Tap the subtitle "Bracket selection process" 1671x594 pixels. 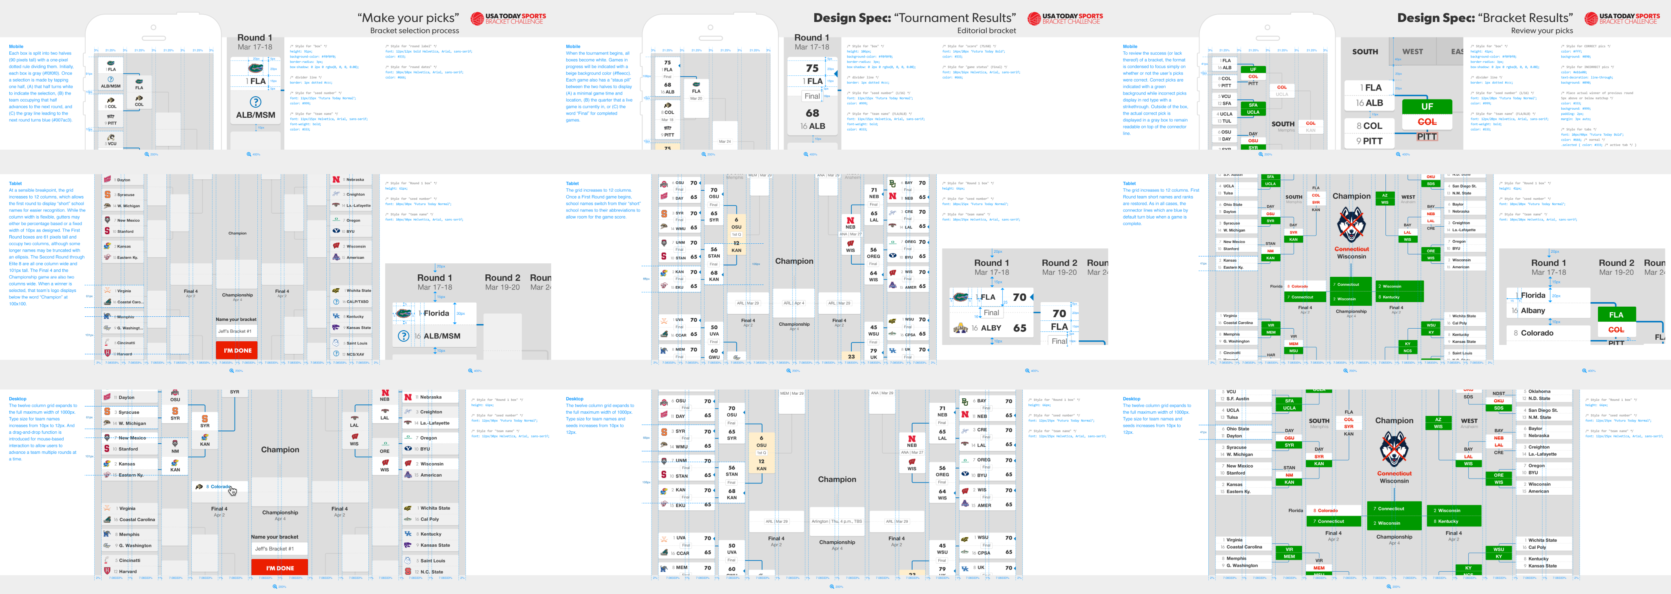[414, 31]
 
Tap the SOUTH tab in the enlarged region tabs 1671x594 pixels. [1365, 52]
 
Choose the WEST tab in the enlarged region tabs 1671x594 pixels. [1412, 52]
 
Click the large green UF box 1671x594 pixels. [1427, 106]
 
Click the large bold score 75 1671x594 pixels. [812, 68]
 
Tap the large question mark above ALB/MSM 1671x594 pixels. [256, 102]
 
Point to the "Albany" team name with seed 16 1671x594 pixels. [1533, 311]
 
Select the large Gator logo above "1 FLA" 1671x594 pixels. [256, 67]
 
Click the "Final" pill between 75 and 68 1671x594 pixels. [812, 96]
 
